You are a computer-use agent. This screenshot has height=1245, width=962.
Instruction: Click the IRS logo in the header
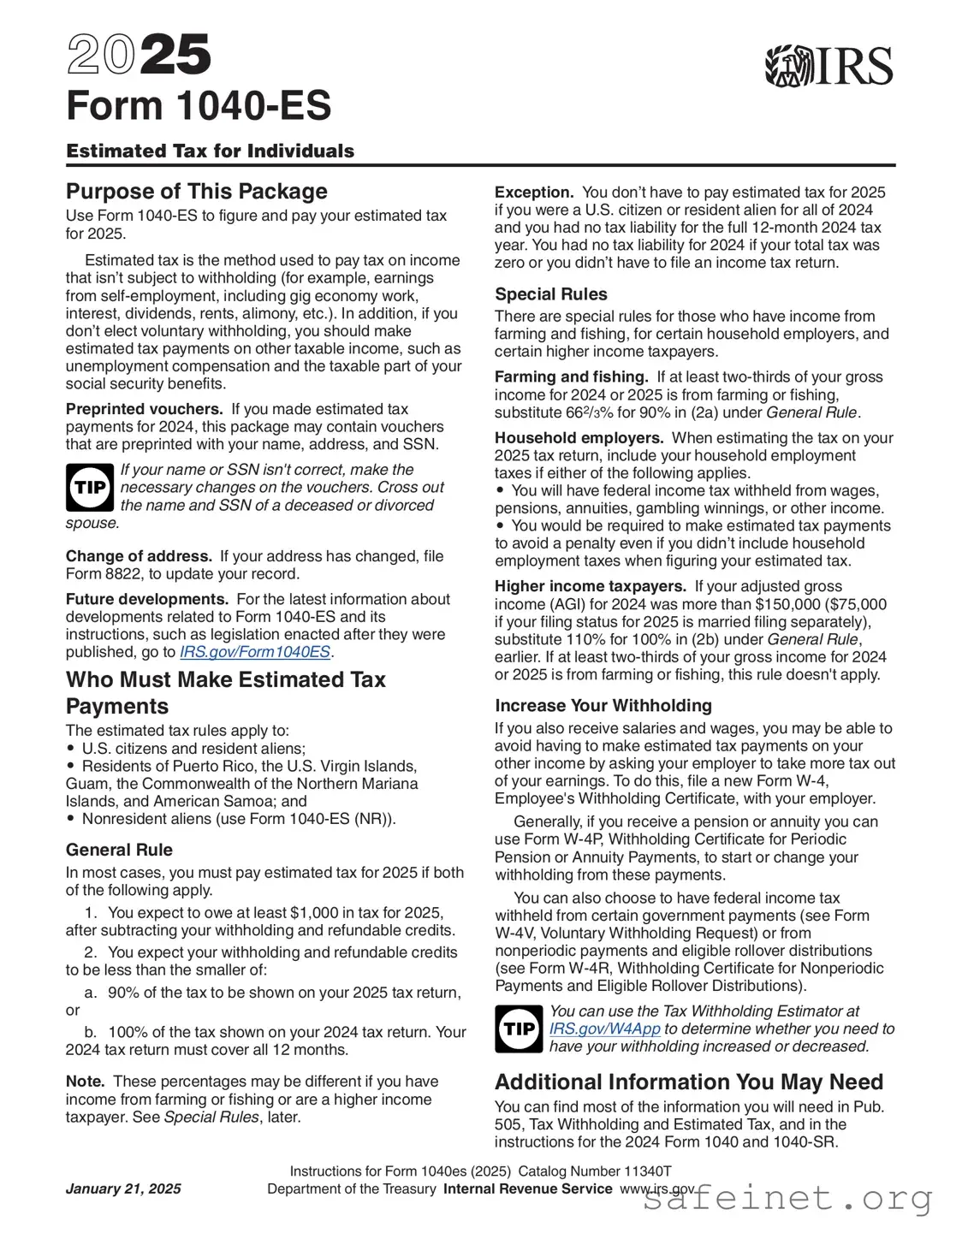(x=828, y=66)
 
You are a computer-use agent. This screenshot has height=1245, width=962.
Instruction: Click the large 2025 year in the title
(x=139, y=56)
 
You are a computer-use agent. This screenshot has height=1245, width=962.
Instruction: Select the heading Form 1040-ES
(x=199, y=106)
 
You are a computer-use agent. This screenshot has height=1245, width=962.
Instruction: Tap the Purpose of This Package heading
(x=197, y=191)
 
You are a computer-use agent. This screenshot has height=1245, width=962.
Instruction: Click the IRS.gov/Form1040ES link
(x=255, y=652)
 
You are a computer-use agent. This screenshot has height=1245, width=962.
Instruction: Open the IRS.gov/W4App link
(x=604, y=1029)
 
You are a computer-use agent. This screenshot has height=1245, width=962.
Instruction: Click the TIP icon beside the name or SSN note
(x=89, y=488)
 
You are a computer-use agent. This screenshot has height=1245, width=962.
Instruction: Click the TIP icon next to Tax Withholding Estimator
(x=519, y=1029)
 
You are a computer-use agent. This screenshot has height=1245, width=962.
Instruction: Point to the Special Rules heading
(x=551, y=294)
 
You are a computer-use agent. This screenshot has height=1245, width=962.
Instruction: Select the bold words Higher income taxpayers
(x=591, y=586)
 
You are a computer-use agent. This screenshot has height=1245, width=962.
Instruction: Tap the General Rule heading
(x=119, y=850)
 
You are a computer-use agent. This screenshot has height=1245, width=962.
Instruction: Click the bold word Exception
(x=534, y=193)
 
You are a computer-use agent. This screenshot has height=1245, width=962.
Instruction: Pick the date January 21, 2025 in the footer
(x=123, y=1189)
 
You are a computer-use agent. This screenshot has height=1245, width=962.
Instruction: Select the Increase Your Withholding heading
(x=603, y=705)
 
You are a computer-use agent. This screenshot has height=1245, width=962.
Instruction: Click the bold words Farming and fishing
(x=571, y=376)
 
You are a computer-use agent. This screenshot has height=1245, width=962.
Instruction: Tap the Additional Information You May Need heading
(x=689, y=1082)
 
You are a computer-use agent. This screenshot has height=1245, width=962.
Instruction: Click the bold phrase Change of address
(x=139, y=556)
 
